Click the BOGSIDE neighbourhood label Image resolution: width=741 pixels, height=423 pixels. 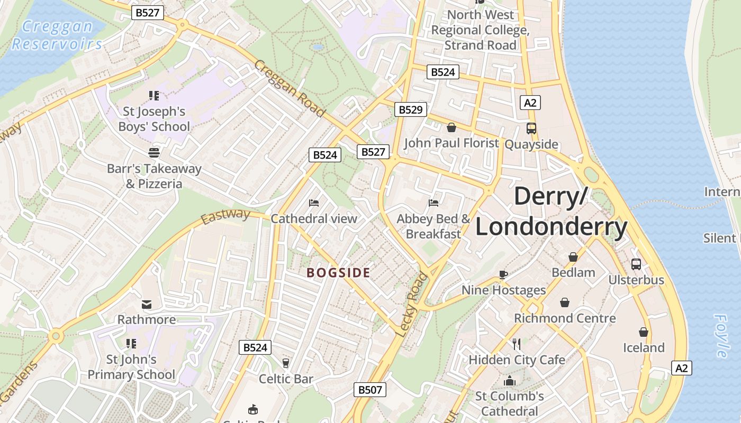point(339,273)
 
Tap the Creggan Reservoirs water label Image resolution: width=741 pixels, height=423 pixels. point(57,35)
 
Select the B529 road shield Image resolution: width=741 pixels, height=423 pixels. point(411,109)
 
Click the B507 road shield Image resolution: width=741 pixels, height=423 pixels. point(370,390)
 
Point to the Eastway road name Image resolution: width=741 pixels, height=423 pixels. point(225,216)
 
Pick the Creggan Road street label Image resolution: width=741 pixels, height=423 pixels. point(289,88)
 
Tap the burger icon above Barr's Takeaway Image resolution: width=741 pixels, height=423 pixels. point(154,153)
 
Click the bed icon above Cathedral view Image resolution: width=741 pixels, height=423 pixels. point(314,203)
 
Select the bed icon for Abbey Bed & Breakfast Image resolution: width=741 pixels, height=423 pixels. point(433,203)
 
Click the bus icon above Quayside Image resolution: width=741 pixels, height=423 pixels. point(531,128)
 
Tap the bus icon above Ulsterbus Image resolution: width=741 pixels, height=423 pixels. point(636,264)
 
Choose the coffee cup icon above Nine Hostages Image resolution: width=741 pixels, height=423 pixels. point(503,274)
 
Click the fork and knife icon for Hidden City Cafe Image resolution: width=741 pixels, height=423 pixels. point(517,344)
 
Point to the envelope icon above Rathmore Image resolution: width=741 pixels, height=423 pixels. point(147,304)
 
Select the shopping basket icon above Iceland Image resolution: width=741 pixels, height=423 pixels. point(644,332)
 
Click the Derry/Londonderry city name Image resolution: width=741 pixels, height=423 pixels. point(551,212)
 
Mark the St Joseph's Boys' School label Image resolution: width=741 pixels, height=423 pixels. point(154,119)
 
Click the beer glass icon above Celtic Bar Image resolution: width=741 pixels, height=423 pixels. point(286,363)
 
